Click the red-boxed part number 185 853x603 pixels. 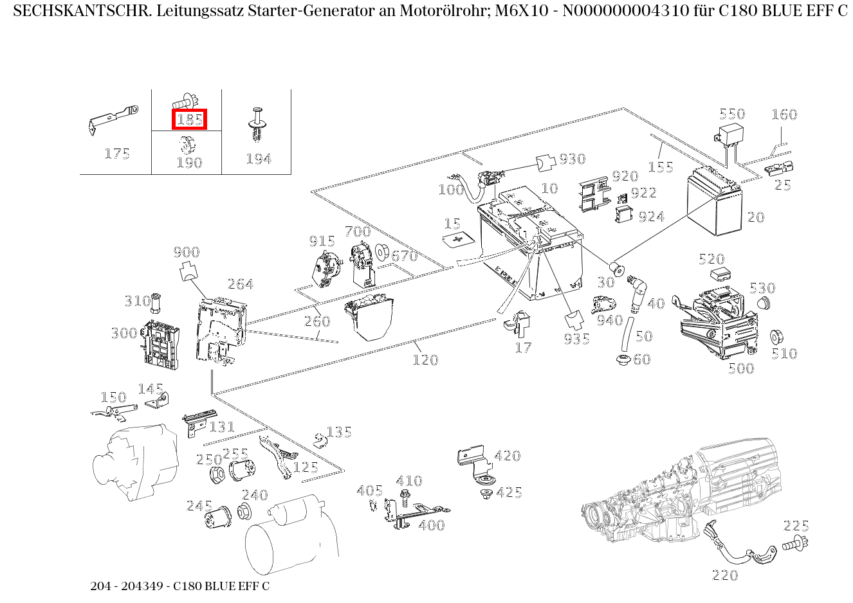pos(190,119)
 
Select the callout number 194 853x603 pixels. pos(259,159)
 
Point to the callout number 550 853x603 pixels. pos(731,114)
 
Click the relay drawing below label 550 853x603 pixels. pos(728,137)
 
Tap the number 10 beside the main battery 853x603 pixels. pos(549,188)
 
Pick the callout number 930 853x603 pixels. pos(572,159)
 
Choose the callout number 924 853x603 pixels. pos(651,217)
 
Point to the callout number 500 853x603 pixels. pos(740,368)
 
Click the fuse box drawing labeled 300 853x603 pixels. pos(158,343)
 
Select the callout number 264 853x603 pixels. pos(241,284)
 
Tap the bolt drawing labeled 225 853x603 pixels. pos(795,544)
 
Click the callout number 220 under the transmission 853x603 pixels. pos(725,575)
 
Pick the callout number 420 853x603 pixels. pos(507,456)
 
